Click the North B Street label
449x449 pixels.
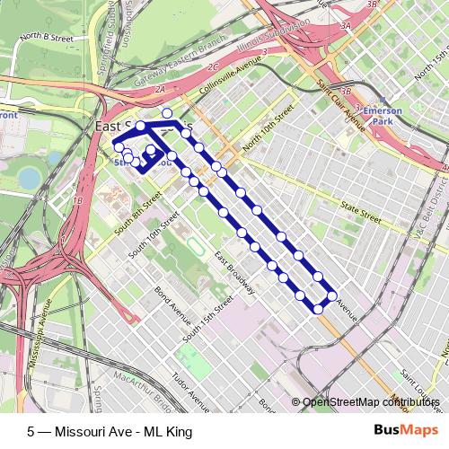coord(48,37)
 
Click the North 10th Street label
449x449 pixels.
coord(267,130)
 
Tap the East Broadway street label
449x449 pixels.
coord(233,271)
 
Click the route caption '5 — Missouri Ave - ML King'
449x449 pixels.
coord(110,432)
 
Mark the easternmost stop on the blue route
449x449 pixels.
coord(332,295)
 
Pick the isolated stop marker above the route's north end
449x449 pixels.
coord(167,113)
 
